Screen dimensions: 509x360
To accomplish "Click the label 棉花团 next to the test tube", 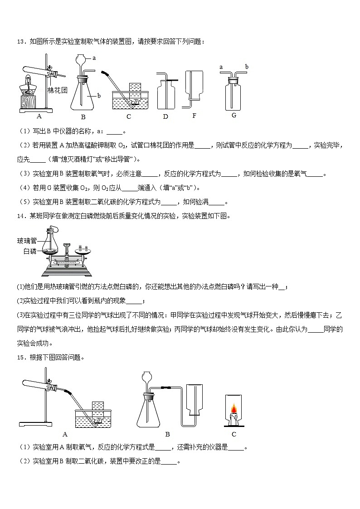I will pos(58,90).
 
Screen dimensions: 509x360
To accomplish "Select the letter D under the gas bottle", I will pos(165,117).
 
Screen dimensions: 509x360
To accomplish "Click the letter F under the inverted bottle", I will pos(194,116).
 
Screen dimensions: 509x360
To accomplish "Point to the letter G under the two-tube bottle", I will pos(234,115).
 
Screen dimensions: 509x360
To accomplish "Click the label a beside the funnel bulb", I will pos(94,58).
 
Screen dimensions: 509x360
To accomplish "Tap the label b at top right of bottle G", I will pos(247,67).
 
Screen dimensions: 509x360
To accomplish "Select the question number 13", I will pos(20,42).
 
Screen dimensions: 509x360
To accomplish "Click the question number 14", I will pos(20,216).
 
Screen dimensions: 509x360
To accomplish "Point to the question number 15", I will pos(20,357).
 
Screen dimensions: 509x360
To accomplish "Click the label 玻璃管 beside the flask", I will pos(27,241).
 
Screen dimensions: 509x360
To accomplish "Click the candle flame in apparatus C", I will pos(234,409).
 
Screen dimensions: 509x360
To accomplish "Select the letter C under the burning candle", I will pos(234,434).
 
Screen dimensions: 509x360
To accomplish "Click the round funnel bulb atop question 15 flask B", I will pos(147,376).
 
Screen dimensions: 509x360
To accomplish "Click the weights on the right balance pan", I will pos(83,248).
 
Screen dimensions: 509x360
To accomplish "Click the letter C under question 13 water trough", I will pos(129,117).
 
